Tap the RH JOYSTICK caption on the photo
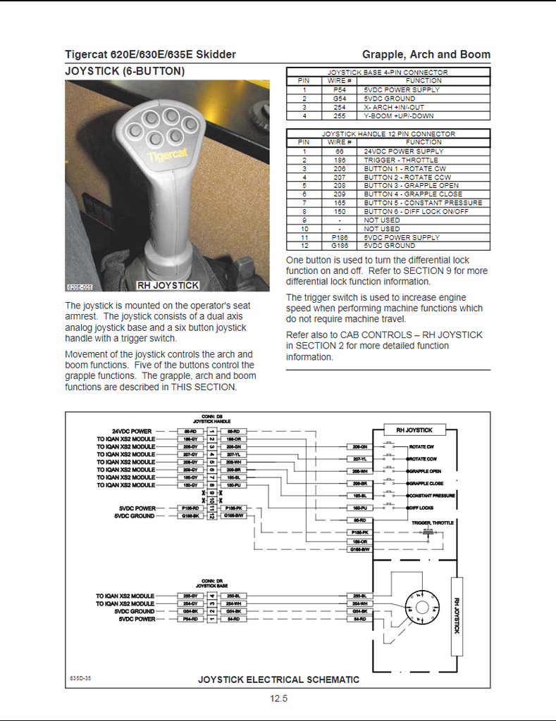click(168, 285)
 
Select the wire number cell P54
click(339, 90)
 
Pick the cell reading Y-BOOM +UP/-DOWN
click(398, 116)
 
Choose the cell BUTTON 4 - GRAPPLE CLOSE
click(413, 194)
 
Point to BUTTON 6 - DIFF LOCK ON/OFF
click(416, 211)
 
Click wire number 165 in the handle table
click(339, 203)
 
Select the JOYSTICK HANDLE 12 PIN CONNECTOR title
click(388, 134)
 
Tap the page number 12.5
click(278, 699)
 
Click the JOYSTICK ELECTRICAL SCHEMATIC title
click(278, 679)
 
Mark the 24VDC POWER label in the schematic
click(132, 431)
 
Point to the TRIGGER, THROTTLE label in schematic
click(433, 523)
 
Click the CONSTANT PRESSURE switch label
click(432, 496)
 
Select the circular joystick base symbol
click(421, 607)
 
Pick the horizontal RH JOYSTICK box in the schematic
click(414, 430)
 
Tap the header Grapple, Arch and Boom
click(426, 54)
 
